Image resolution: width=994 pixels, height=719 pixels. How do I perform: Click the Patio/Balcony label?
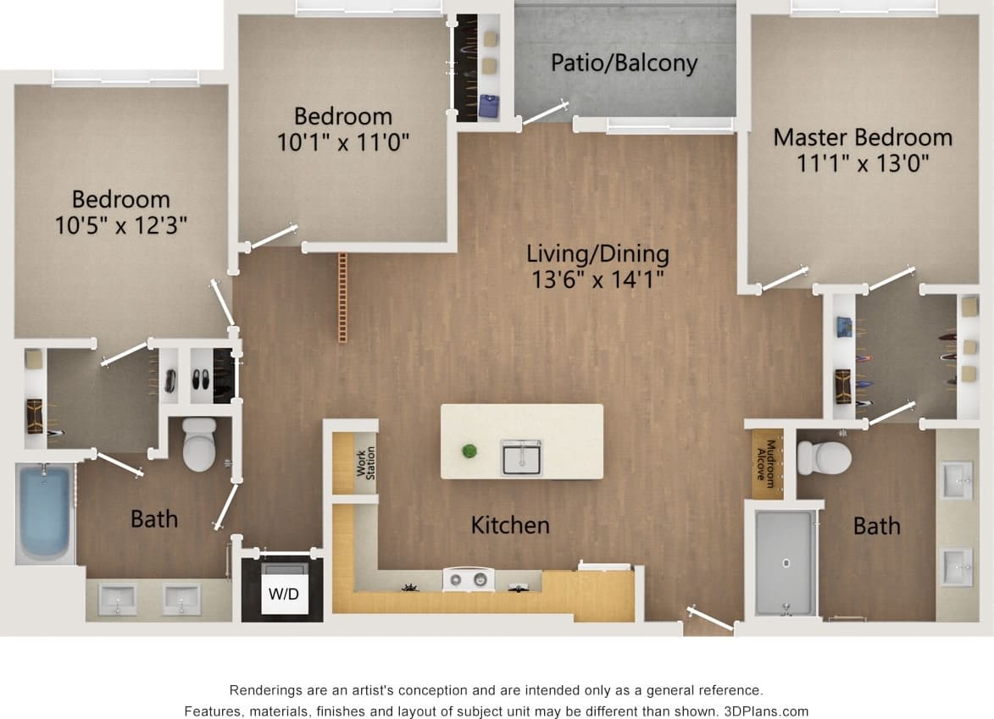(624, 64)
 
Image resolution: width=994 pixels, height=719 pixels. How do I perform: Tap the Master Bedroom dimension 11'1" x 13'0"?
(863, 163)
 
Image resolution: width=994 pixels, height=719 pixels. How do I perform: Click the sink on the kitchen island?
(521, 456)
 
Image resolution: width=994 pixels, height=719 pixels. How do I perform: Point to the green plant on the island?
(469, 451)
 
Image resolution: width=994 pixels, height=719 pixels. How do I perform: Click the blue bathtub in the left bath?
(45, 512)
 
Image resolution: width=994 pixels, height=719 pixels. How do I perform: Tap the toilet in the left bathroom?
(200, 445)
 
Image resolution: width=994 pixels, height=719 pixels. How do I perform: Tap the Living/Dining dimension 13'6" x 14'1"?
(597, 279)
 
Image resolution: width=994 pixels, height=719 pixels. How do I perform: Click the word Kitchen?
(510, 525)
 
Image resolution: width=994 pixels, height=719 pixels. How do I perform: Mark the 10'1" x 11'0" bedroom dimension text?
(343, 141)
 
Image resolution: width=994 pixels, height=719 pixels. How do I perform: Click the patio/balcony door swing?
(546, 112)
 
